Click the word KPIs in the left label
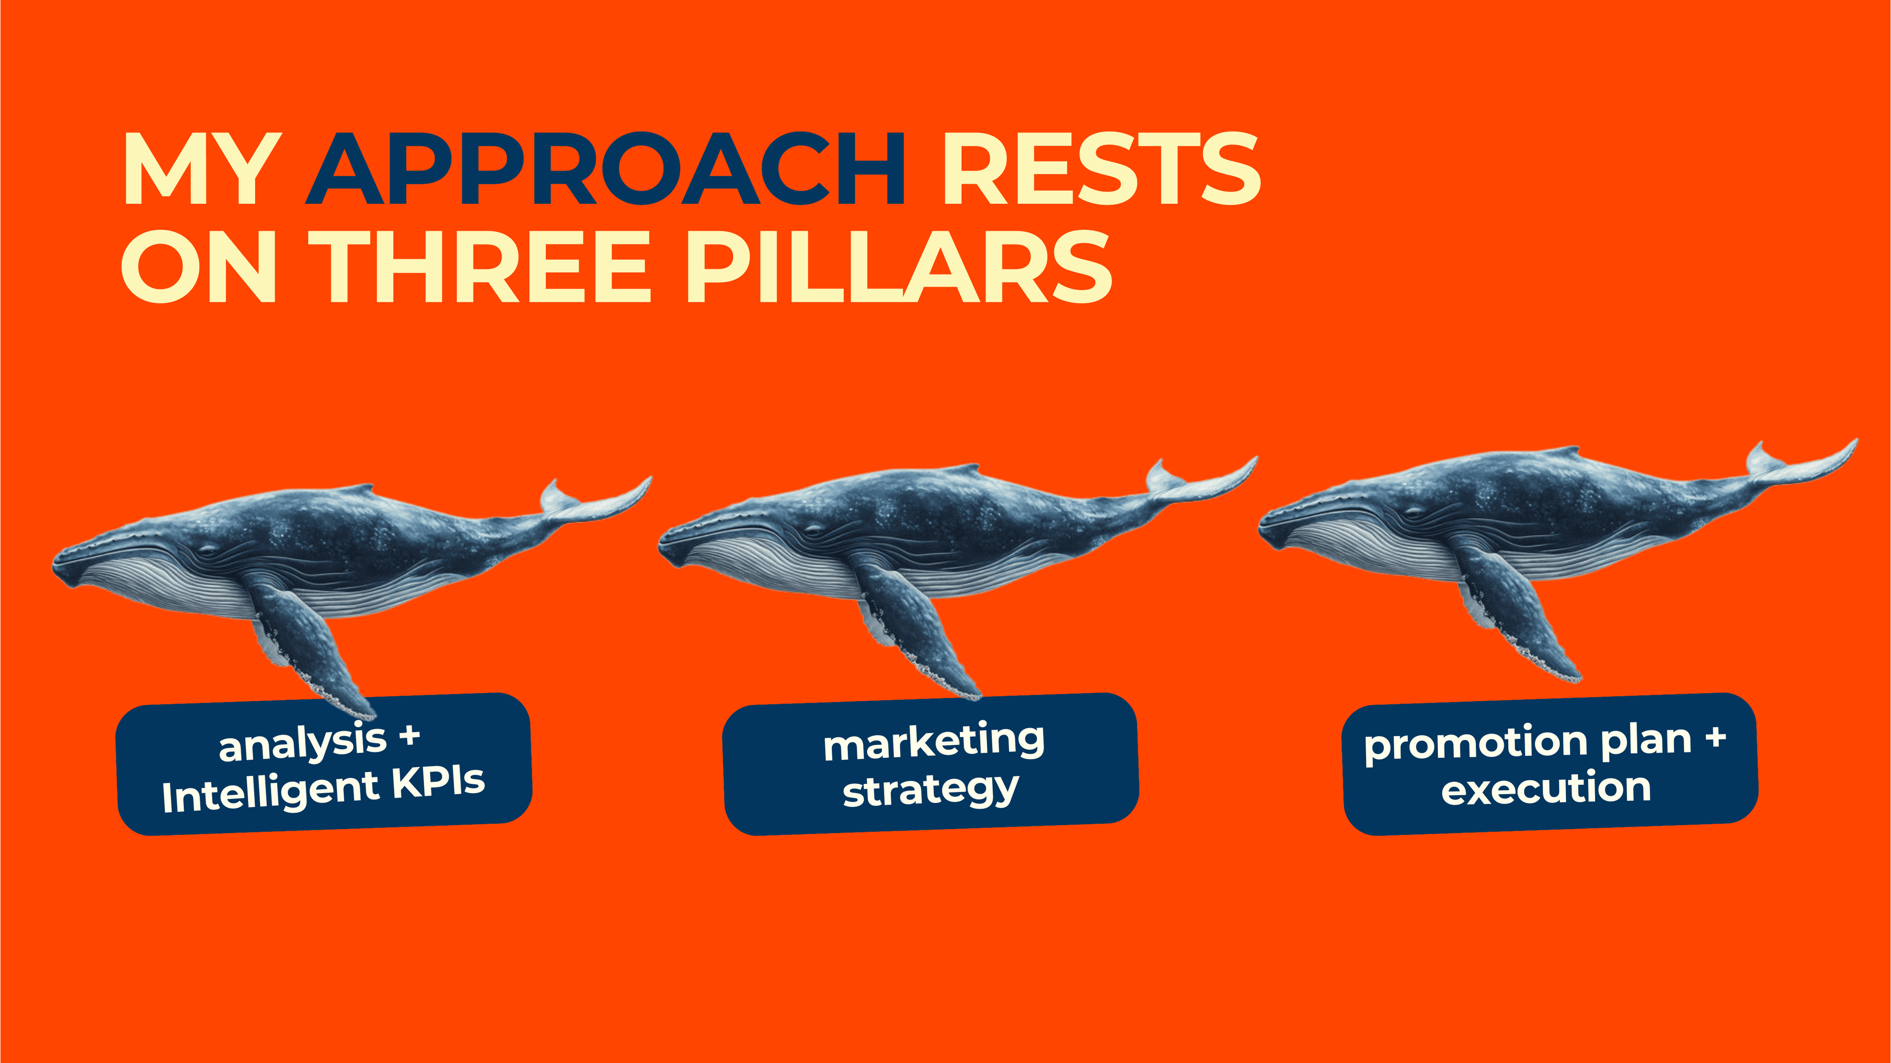tap(438, 782)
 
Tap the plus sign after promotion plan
tap(1716, 738)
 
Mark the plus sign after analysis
tap(410, 735)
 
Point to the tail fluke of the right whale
tap(1798, 462)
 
